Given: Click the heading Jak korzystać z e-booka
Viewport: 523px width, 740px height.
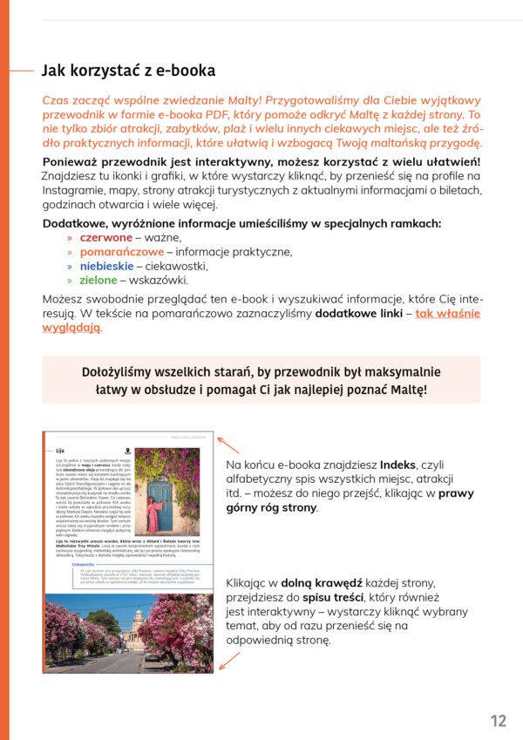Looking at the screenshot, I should [x=128, y=71].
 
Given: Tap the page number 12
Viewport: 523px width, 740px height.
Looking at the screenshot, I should [x=498, y=720].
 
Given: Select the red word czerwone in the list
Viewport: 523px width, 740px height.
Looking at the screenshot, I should [x=105, y=237].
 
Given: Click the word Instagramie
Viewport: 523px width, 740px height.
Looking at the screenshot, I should [x=76, y=190].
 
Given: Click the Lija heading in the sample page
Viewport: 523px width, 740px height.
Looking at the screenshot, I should [x=59, y=451].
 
